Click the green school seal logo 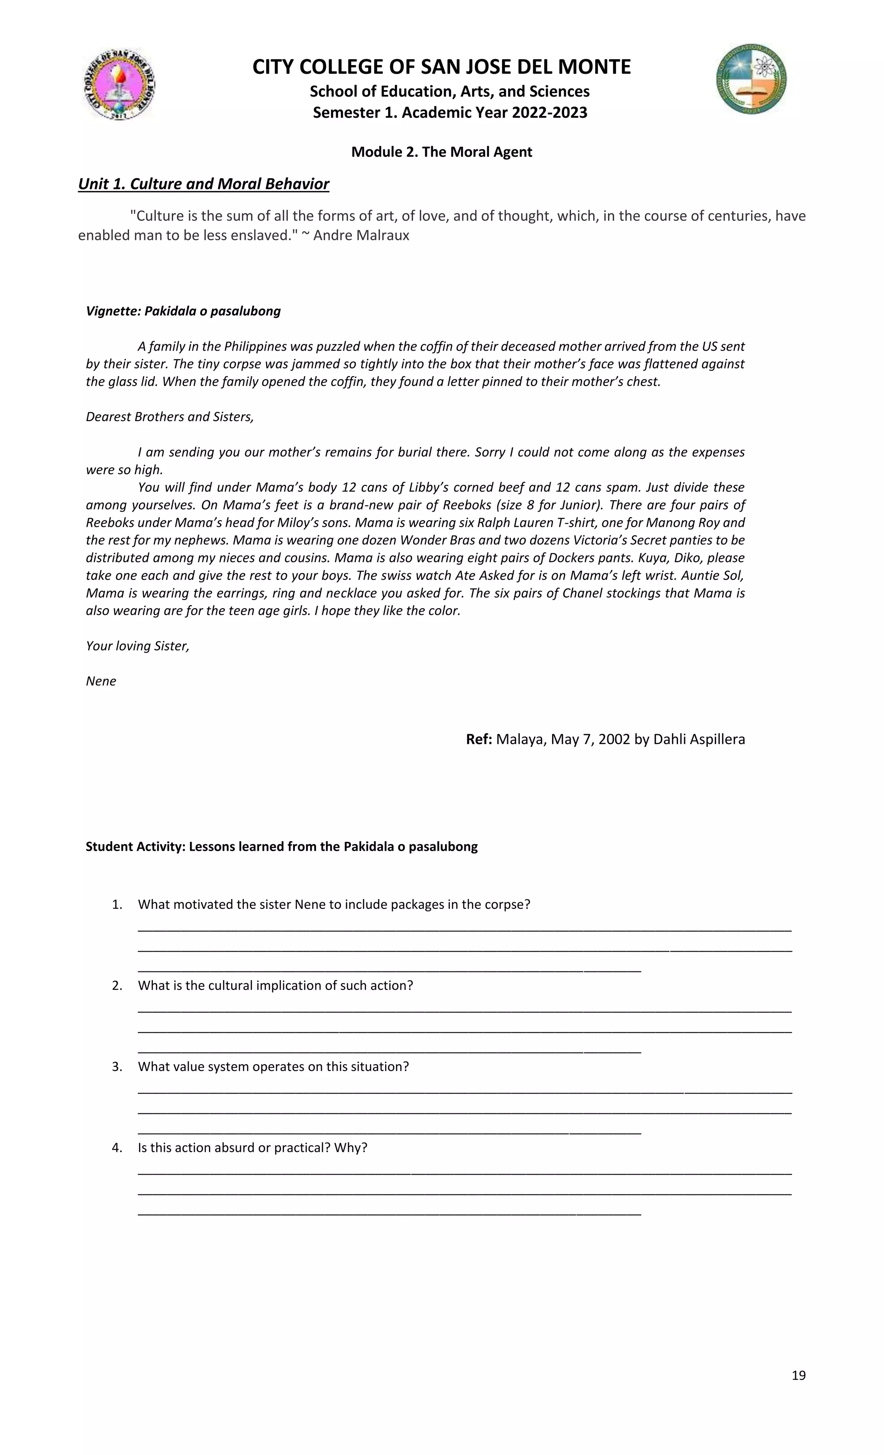[x=751, y=79]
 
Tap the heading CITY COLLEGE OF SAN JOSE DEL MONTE [x=442, y=67]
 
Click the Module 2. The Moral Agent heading [x=442, y=152]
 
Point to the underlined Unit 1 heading [x=203, y=184]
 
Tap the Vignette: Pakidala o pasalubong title [x=183, y=311]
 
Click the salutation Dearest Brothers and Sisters [x=170, y=416]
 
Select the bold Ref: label [x=479, y=739]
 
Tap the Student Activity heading [x=281, y=846]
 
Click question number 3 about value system [x=273, y=1066]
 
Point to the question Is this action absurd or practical [x=253, y=1147]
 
